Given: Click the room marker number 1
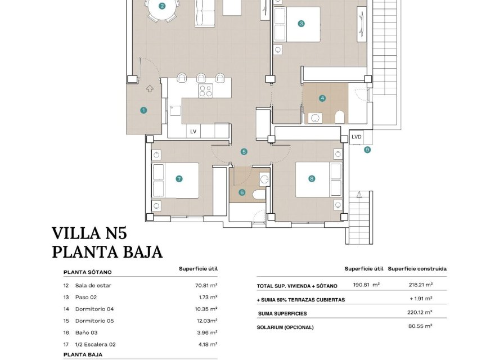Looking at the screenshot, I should tap(143, 110).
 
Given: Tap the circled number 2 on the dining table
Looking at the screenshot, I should tap(162, 7).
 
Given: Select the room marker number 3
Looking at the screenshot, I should tap(301, 24).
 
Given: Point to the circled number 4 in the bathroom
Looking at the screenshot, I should tap(322, 98).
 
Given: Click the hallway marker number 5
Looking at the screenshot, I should tap(244, 151).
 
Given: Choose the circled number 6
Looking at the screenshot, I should tap(242, 192).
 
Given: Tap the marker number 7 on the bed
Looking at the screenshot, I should tap(179, 179).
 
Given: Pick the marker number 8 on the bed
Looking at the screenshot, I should tap(312, 179).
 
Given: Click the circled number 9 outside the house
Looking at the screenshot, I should tap(367, 150).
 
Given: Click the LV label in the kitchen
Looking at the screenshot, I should tap(193, 132).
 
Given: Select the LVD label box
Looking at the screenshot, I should tap(357, 137).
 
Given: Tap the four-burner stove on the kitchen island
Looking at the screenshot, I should tap(205, 91).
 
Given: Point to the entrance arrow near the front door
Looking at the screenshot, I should tap(150, 88).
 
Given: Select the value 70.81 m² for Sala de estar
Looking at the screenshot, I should tap(206, 285).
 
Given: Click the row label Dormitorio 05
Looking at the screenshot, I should tap(94, 321).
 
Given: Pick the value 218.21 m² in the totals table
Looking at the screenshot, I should tap(420, 285).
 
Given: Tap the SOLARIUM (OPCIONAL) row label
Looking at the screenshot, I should tap(285, 327).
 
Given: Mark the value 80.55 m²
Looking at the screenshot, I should tap(420, 326).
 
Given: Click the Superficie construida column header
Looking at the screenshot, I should tap(417, 269).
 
